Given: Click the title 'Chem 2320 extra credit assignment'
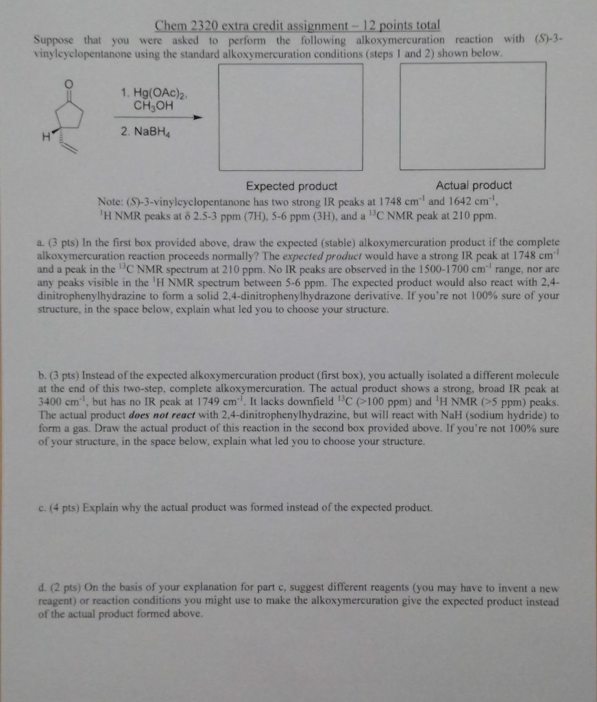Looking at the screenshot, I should pos(244,25).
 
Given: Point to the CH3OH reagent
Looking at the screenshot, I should pos(153,106).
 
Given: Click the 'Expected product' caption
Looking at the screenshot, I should pos(291,186).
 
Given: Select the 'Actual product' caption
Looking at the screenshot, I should pos(473,185).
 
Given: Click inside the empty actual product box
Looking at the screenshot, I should pos(472,117).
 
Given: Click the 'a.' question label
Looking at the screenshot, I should pos(40,243).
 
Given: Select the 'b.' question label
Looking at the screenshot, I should pos(40,376).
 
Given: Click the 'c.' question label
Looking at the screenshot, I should pos(40,508).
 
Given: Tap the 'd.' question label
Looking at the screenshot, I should pos(40,588).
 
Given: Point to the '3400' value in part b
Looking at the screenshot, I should pos(50,402).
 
